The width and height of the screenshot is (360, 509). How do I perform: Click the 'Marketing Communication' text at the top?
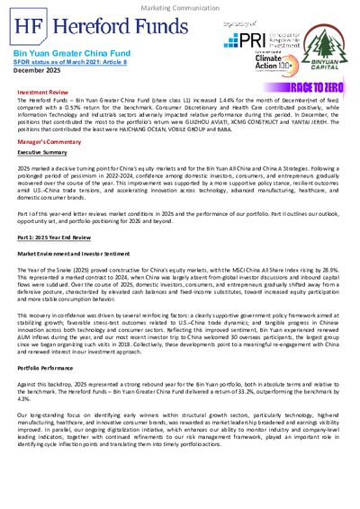pyautogui.click(x=179, y=6)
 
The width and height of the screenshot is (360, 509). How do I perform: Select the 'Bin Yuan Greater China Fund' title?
pyautogui.click(x=63, y=54)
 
